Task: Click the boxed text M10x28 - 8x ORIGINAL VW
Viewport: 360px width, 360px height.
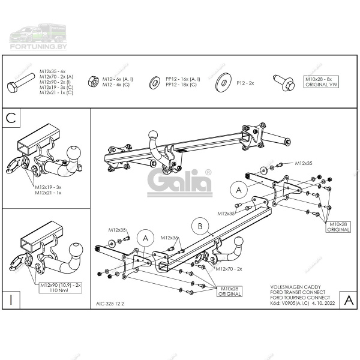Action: [323, 82]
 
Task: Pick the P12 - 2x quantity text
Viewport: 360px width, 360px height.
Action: [245, 82]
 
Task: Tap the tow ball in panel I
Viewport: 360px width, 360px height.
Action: [78, 250]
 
